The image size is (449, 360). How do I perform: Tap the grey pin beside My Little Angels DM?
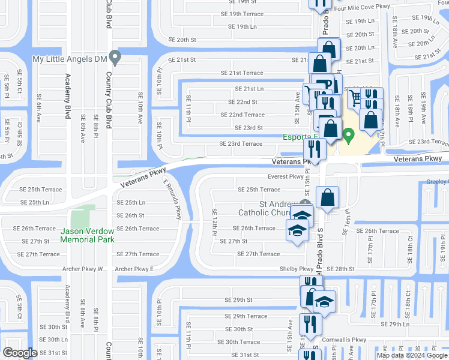click(116, 58)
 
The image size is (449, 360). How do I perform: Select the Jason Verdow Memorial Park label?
click(87, 235)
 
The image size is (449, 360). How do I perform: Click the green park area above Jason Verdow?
click(83, 215)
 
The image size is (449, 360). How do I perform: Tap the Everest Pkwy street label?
click(285, 177)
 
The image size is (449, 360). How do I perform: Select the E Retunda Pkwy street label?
click(171, 201)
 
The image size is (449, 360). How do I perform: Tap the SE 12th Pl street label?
click(214, 222)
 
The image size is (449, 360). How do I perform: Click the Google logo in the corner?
click(19, 353)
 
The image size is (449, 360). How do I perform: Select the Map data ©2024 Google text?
click(412, 355)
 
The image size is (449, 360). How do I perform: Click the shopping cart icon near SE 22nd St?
click(355, 97)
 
